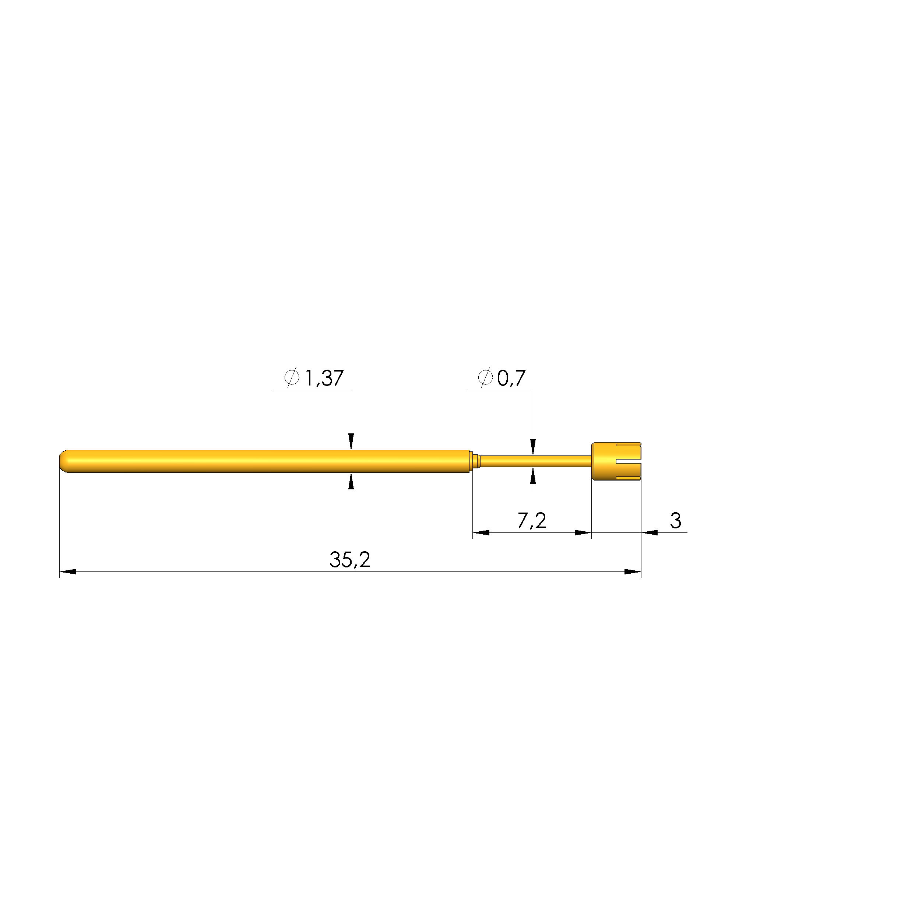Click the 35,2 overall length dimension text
click(349, 560)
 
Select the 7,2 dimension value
click(532, 521)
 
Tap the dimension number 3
click(675, 521)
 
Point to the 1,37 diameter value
click(324, 379)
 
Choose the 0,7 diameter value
click(511, 379)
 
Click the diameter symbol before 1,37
click(292, 377)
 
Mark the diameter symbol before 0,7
click(485, 377)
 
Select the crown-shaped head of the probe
click(616, 461)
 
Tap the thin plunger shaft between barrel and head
click(535, 461)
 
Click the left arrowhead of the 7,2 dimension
click(481, 532)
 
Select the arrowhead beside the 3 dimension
click(650, 532)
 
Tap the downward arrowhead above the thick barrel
click(351, 441)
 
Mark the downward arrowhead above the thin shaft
click(533, 447)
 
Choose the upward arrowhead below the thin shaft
click(533, 476)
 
